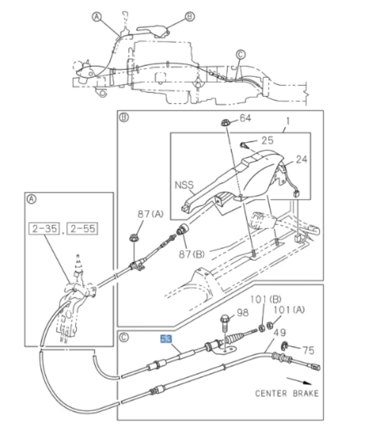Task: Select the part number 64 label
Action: (245, 118)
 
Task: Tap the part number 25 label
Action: (268, 141)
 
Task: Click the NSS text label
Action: (183, 186)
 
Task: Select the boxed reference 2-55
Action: (82, 229)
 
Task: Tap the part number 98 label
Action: (242, 313)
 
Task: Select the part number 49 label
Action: (280, 333)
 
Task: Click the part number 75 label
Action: (308, 350)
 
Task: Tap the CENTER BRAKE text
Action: (287, 393)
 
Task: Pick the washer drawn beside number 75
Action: (284, 347)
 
